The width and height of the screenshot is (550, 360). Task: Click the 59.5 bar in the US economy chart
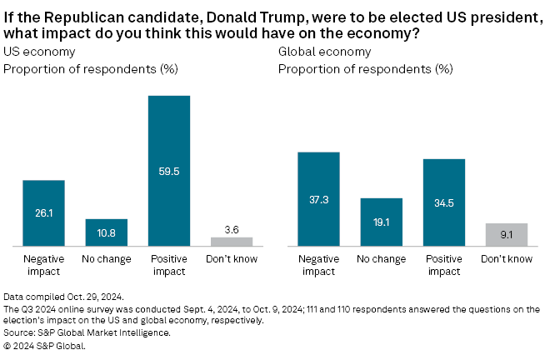tap(169, 171)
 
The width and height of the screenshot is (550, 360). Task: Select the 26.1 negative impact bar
tap(43, 213)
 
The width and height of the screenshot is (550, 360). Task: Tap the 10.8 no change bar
tap(106, 232)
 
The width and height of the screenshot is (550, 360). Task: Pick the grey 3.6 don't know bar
tap(232, 242)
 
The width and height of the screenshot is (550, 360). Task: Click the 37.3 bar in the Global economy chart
tap(318, 199)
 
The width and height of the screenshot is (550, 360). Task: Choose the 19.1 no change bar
tap(381, 222)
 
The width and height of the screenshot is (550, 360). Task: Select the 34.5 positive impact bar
tap(444, 202)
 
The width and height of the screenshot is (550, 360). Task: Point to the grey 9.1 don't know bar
tap(507, 234)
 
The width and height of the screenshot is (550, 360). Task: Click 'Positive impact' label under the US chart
tap(169, 264)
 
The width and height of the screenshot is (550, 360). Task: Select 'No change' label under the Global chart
tap(381, 259)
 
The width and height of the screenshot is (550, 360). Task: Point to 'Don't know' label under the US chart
tap(232, 259)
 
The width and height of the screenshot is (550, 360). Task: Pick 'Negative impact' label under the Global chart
tap(318, 264)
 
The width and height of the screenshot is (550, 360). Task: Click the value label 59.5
tap(169, 172)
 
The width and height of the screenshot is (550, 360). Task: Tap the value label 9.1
tap(507, 235)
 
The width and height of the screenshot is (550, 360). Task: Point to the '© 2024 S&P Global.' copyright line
tap(46, 344)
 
